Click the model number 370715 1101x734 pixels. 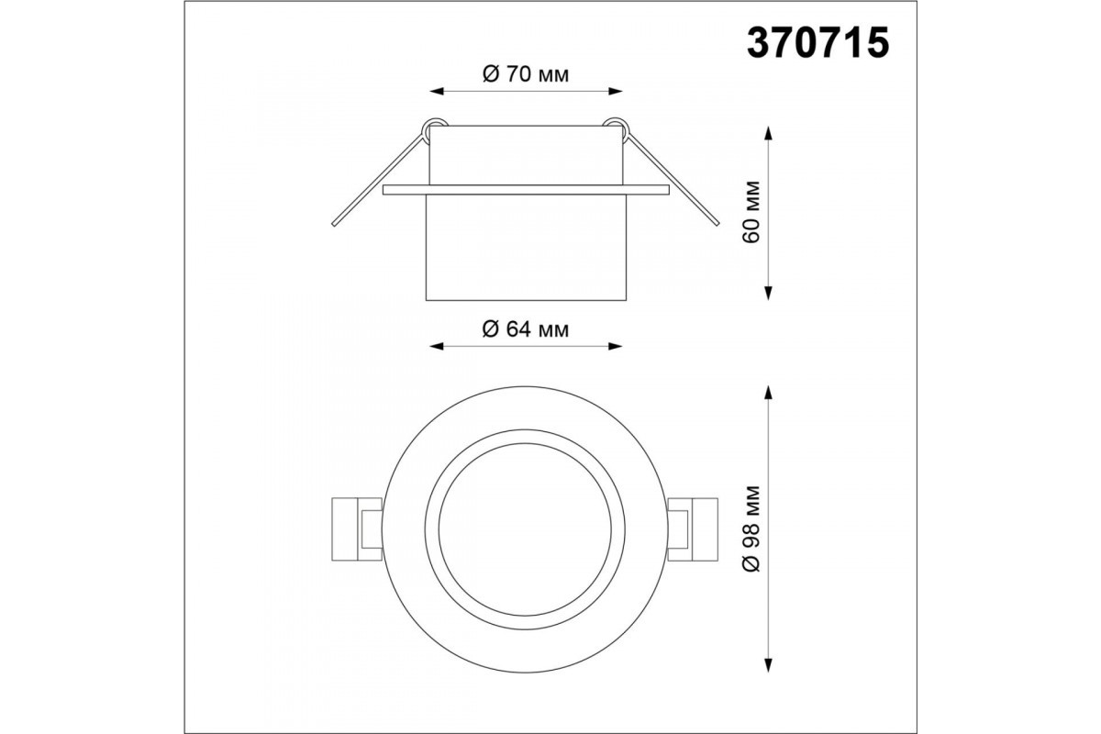click(817, 43)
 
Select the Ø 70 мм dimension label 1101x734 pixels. click(526, 74)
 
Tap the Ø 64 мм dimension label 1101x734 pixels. click(526, 328)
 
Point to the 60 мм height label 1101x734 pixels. click(751, 212)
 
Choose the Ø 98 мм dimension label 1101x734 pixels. click(751, 528)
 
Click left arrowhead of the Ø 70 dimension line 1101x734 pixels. click(437, 92)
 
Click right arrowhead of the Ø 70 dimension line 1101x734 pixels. click(616, 92)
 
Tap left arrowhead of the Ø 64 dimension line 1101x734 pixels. click(437, 347)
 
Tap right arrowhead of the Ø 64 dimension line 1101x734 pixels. click(616, 347)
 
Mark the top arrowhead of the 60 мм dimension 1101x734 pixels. click(768, 133)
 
